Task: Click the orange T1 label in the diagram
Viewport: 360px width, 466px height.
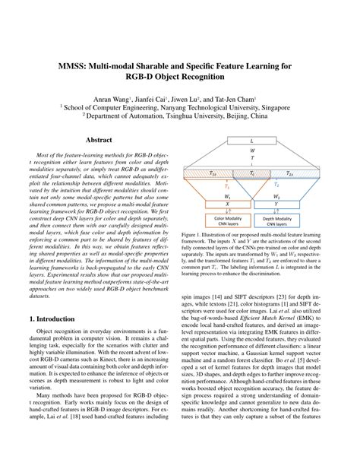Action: [226, 185]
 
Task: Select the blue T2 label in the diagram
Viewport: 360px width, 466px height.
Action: [276, 185]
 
